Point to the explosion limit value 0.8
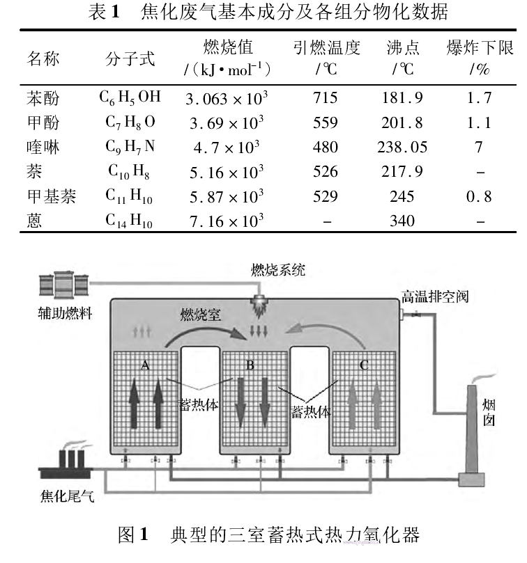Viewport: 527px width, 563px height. coord(479,197)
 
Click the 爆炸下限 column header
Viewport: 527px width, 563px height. coord(480,48)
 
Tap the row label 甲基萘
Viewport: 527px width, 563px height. coord(51,197)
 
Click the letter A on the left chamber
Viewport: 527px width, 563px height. coord(146,365)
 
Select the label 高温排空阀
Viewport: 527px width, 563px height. coord(434,296)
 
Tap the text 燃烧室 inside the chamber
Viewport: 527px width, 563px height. coord(201,315)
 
